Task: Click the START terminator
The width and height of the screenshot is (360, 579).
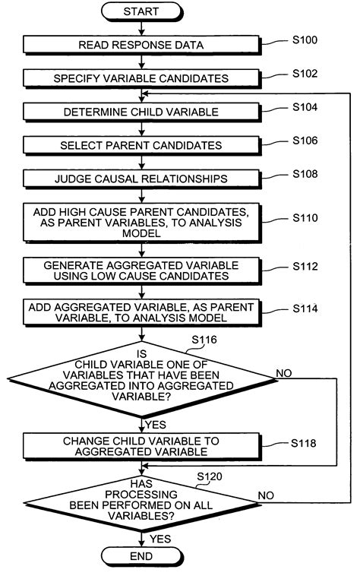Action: pos(141,11)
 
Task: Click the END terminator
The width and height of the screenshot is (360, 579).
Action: pos(141,556)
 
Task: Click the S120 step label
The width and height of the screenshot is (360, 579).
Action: pos(210,476)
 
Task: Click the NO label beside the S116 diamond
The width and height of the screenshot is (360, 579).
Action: pos(285,373)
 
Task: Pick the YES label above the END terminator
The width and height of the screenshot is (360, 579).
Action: pos(160,538)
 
